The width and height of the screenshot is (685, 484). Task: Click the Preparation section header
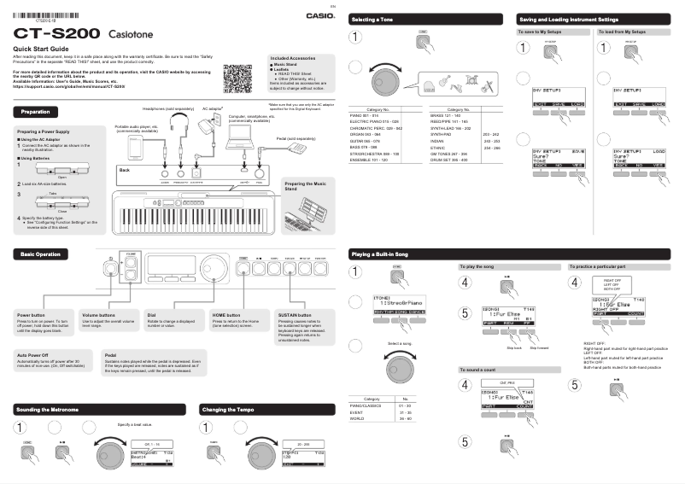pos(36,112)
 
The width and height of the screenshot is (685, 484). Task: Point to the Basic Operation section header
pos(41,254)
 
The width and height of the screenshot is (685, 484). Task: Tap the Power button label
pos(32,315)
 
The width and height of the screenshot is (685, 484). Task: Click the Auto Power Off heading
pos(32,353)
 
